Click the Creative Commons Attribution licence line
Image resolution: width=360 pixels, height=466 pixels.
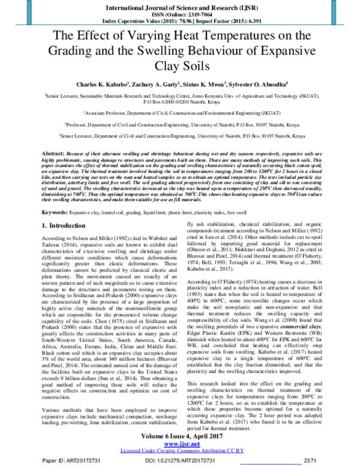coord(180,450)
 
